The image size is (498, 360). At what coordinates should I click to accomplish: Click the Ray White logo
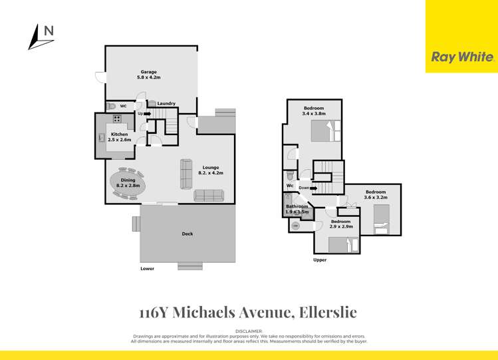(x=462, y=57)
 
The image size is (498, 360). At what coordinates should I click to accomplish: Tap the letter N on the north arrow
(x=49, y=30)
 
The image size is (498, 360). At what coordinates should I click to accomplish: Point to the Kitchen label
(x=120, y=134)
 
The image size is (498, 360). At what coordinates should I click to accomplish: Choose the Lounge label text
(x=210, y=167)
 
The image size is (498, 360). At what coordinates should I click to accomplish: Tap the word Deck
(x=187, y=234)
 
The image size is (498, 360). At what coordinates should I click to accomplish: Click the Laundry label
(x=166, y=103)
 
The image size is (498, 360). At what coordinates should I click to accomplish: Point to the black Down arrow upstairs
(x=313, y=188)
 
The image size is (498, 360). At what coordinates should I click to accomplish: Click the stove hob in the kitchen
(x=118, y=119)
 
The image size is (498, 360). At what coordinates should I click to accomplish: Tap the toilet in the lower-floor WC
(x=111, y=106)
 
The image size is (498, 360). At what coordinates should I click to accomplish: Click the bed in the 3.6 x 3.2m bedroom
(x=383, y=219)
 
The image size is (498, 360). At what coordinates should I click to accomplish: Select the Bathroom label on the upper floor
(x=297, y=206)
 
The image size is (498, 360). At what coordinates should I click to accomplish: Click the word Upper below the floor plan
(x=320, y=260)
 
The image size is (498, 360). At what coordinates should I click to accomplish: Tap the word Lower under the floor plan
(x=147, y=269)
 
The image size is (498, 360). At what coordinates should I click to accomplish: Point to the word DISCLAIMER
(x=249, y=331)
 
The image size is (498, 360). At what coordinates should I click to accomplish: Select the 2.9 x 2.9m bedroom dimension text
(x=340, y=227)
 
